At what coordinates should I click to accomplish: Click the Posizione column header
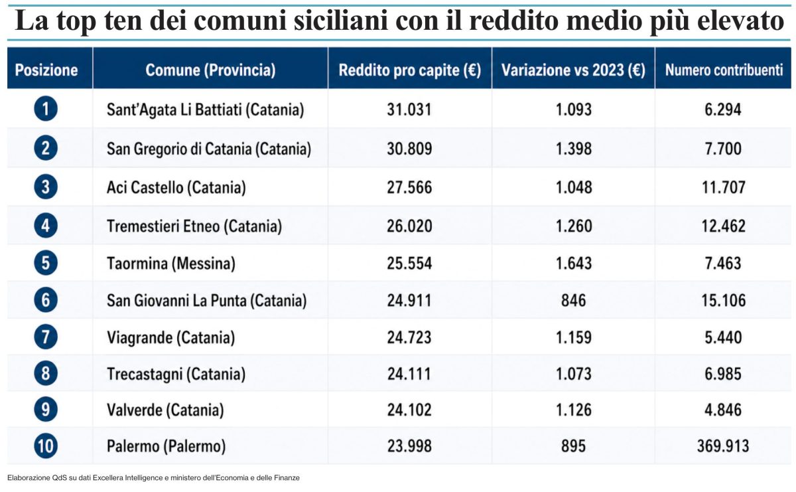coord(46,70)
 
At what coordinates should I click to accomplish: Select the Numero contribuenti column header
coord(724,70)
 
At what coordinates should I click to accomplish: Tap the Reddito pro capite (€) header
coord(409,70)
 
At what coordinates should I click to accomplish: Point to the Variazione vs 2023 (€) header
coord(573,70)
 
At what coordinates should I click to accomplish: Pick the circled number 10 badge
coord(45,446)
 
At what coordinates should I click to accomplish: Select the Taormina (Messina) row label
coord(170,264)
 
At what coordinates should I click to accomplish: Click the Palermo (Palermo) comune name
coord(166,446)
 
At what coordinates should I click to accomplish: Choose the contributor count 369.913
coord(724,446)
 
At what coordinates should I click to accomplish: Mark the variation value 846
coord(573,301)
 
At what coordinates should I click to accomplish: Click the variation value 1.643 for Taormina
coord(573,264)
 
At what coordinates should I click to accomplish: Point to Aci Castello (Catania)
coord(176,187)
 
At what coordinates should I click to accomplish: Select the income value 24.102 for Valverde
coord(409,410)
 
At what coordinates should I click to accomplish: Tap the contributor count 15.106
coord(724,301)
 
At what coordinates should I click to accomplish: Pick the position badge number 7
coord(45,337)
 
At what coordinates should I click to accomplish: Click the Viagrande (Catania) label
coord(170,337)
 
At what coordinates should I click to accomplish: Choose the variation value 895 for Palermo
coord(573,446)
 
